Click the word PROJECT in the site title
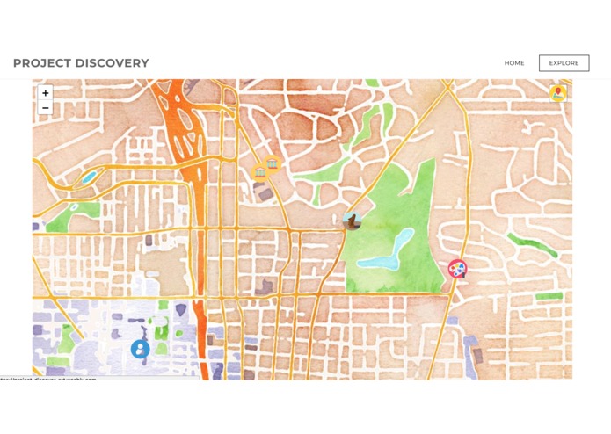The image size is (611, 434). [40, 63]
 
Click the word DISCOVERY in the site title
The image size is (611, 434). [111, 63]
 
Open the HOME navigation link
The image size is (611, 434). [514, 63]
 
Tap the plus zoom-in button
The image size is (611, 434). [46, 93]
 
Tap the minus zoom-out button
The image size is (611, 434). [46, 108]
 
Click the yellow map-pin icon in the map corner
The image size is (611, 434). [557, 92]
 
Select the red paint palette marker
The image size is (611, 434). [457, 269]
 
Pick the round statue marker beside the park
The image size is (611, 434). [352, 221]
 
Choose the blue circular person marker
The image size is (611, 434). [140, 349]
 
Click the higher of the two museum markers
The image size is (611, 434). [273, 163]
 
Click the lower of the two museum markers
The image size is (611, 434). [260, 172]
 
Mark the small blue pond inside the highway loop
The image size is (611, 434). [89, 177]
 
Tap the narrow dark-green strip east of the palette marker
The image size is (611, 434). [533, 244]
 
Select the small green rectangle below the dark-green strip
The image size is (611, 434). [549, 297]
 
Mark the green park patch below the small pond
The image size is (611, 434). [62, 216]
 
